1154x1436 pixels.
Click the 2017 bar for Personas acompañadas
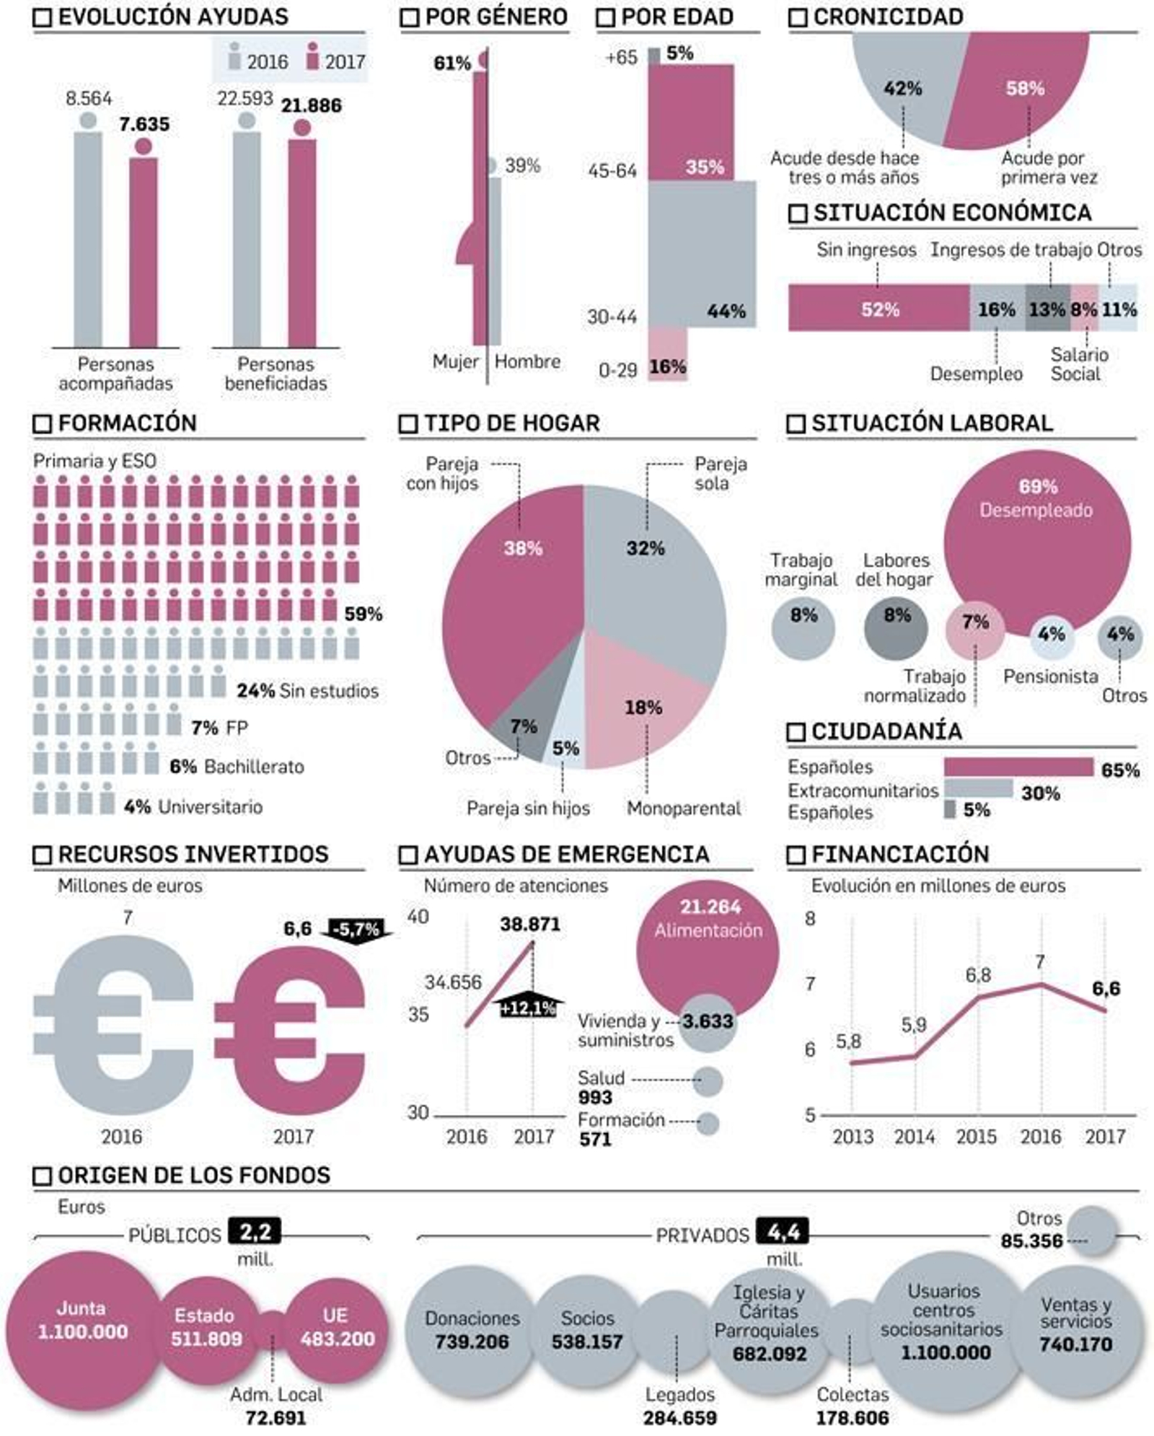coord(143,252)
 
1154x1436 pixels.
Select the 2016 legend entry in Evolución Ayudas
coord(258,61)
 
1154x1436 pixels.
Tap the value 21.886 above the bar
coord(311,106)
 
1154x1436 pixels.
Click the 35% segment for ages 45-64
coord(690,123)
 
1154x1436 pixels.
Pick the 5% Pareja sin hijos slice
coord(567,746)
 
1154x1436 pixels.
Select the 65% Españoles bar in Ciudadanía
coord(1018,767)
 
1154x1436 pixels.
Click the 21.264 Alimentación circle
coord(707,945)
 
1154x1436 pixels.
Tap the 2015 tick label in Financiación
coord(976,1137)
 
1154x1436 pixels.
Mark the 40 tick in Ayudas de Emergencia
coord(418,917)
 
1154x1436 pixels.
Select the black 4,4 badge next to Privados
coord(783,1231)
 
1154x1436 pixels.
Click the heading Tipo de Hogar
coord(511,423)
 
